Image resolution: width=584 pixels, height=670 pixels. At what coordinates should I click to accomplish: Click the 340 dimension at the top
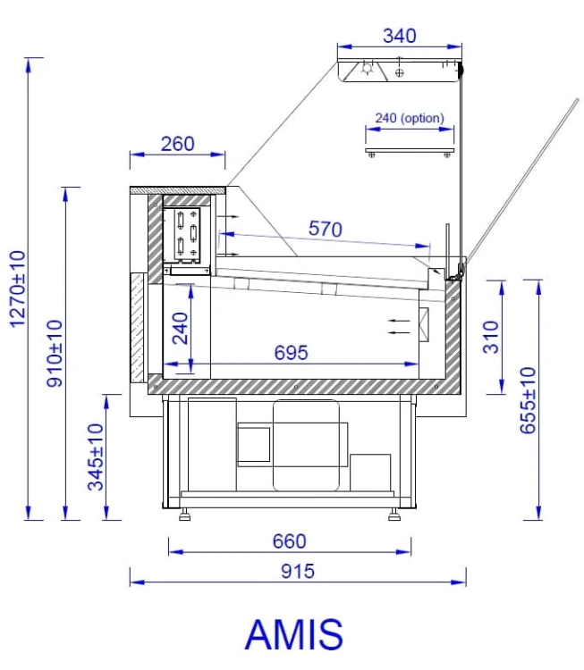tap(399, 36)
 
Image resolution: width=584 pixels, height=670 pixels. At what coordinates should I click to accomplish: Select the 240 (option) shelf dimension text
tap(410, 118)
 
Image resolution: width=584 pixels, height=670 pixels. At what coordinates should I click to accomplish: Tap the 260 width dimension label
tap(178, 144)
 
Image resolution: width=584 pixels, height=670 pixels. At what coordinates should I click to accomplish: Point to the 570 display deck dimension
tap(326, 229)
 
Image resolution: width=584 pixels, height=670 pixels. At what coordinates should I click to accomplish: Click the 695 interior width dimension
tap(291, 353)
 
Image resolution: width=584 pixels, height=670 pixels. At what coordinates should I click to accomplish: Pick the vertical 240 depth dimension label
tap(180, 329)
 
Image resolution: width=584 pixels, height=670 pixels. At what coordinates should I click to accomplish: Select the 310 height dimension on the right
tap(491, 338)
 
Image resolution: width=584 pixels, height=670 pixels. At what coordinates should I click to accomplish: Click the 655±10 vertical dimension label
tap(528, 400)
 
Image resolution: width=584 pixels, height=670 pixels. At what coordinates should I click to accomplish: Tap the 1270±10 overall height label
tap(18, 289)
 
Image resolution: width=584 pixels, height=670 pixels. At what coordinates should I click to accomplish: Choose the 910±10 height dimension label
tap(55, 354)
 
